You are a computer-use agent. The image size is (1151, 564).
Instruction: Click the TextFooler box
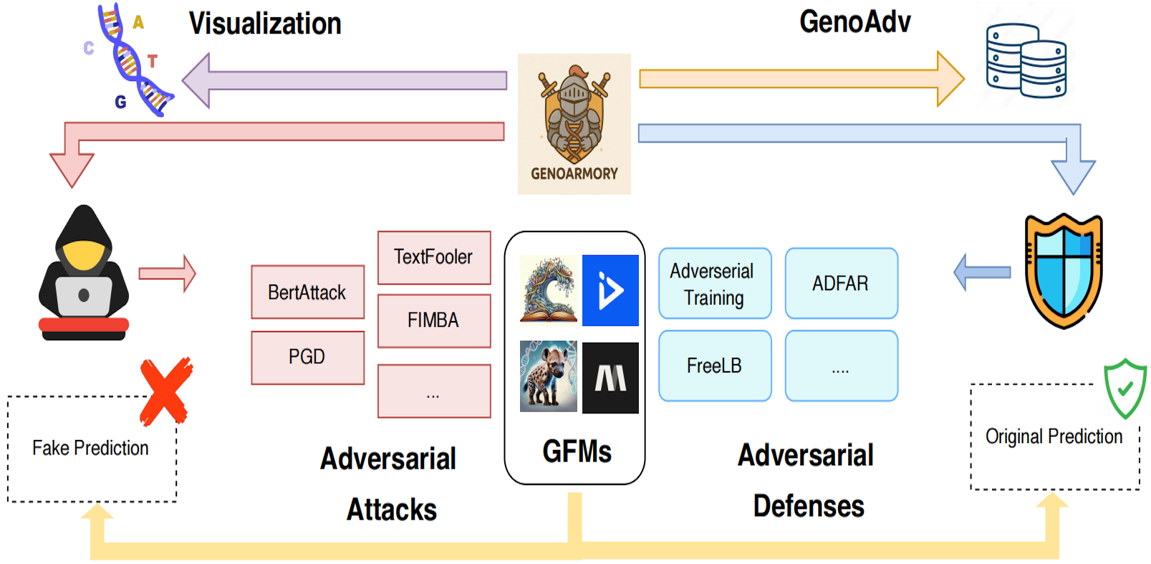point(434,257)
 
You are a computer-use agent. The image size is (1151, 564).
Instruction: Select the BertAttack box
point(307,292)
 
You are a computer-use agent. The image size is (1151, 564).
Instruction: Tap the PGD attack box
point(307,357)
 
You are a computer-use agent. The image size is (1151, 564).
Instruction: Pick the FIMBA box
point(434,320)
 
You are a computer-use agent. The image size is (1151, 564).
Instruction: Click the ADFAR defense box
point(841,283)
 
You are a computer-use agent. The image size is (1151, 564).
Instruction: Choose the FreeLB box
point(715,365)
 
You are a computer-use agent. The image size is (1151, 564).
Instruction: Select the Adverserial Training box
point(715,284)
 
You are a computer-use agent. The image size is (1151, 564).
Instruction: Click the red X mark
point(165,391)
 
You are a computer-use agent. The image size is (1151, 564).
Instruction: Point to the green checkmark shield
point(1124,388)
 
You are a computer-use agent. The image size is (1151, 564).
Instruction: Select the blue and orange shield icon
point(1064,271)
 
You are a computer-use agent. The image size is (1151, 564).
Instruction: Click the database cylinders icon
point(1026,61)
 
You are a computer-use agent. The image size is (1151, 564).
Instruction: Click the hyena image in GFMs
point(548,376)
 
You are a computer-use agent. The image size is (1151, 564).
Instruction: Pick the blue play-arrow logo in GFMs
point(610,290)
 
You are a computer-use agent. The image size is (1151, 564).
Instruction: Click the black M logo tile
point(610,378)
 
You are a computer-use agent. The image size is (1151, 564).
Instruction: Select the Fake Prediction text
point(90,448)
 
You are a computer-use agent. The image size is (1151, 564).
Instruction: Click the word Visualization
point(265,24)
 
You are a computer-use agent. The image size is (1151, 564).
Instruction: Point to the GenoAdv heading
point(854,22)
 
